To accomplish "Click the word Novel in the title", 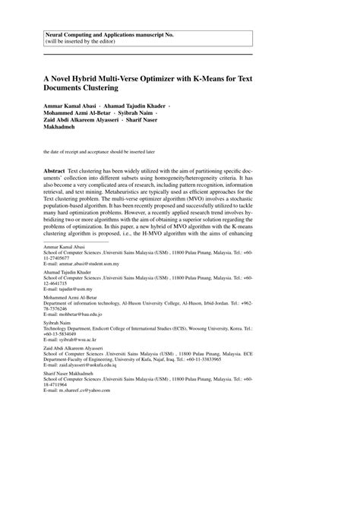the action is (x=65, y=77).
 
